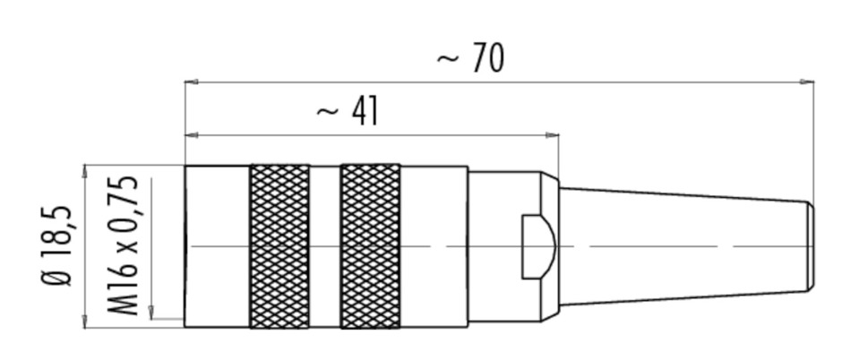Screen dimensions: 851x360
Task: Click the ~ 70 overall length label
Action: coord(470,58)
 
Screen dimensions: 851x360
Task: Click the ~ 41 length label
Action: coord(348,111)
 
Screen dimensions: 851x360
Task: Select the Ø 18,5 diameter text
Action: coord(56,246)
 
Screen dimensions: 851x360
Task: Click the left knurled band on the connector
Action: coord(279,246)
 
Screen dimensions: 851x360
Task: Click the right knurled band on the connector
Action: coord(371,246)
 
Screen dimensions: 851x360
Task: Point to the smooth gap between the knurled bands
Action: coord(325,246)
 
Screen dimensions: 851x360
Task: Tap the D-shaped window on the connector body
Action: coord(538,246)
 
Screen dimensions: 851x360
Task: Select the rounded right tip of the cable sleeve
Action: coord(811,246)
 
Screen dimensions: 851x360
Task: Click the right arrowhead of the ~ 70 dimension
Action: coord(807,81)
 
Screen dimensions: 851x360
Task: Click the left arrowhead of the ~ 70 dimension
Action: coord(192,81)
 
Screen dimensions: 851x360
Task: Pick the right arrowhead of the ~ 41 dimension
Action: coord(552,134)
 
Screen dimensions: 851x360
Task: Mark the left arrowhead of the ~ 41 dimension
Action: coord(192,134)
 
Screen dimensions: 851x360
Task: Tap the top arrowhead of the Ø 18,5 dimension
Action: coord(85,171)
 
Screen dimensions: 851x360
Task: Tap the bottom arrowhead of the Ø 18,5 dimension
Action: coord(85,321)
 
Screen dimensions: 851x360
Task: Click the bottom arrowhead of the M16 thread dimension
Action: coord(151,313)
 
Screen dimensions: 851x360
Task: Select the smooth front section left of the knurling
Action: coord(217,246)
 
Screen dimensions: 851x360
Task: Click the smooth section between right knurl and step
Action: coord(434,246)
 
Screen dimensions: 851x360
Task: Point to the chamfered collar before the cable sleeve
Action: coord(550,246)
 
